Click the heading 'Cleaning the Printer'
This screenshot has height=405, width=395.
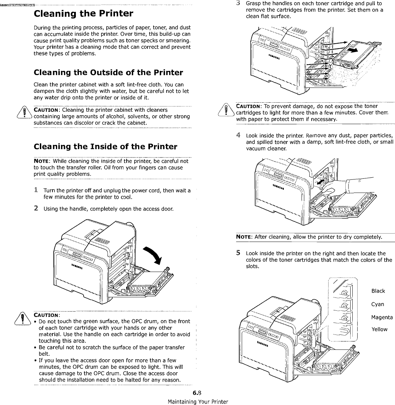(x=83, y=14)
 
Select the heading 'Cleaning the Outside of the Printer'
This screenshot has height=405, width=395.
(x=108, y=73)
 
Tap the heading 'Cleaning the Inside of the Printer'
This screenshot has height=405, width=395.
(x=105, y=147)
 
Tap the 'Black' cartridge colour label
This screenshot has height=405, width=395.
(x=378, y=291)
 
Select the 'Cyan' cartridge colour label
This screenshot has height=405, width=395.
(x=378, y=304)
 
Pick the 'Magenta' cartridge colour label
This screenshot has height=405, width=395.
(x=382, y=317)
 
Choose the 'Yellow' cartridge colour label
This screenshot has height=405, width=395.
(x=379, y=329)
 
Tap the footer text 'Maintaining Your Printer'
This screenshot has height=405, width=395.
(x=198, y=402)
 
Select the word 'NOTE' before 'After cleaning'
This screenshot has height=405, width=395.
(x=244, y=237)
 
